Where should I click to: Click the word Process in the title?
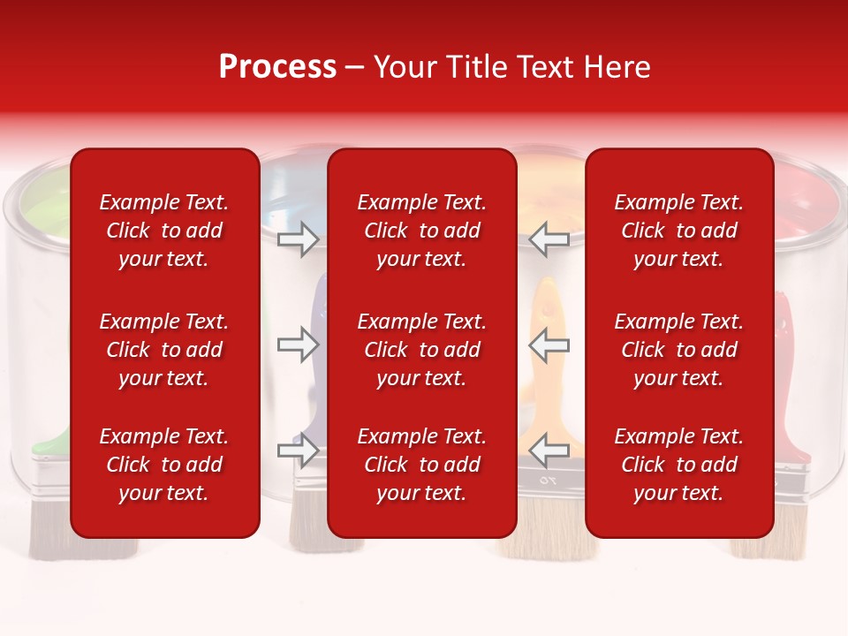pyautogui.click(x=277, y=67)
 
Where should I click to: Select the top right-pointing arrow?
pyautogui.click(x=298, y=239)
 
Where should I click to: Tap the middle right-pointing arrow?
pyautogui.click(x=298, y=344)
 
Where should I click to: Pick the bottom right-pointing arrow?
pyautogui.click(x=298, y=450)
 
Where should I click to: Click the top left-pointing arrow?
pyautogui.click(x=549, y=239)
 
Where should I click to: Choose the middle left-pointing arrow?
pyautogui.click(x=549, y=344)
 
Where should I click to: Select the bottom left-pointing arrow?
pyautogui.click(x=549, y=450)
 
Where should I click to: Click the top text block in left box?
pyautogui.click(x=164, y=231)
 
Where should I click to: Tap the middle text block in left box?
pyautogui.click(x=164, y=350)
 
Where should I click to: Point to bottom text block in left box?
pyautogui.click(x=164, y=465)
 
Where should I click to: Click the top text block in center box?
pyautogui.click(x=422, y=231)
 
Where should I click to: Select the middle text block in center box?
pyautogui.click(x=422, y=350)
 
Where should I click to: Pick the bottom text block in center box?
pyautogui.click(x=422, y=465)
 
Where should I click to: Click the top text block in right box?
pyautogui.click(x=679, y=231)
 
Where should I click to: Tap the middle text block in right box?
pyautogui.click(x=679, y=350)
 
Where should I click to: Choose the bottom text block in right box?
pyautogui.click(x=679, y=465)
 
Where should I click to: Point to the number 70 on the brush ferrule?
pyautogui.click(x=549, y=481)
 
